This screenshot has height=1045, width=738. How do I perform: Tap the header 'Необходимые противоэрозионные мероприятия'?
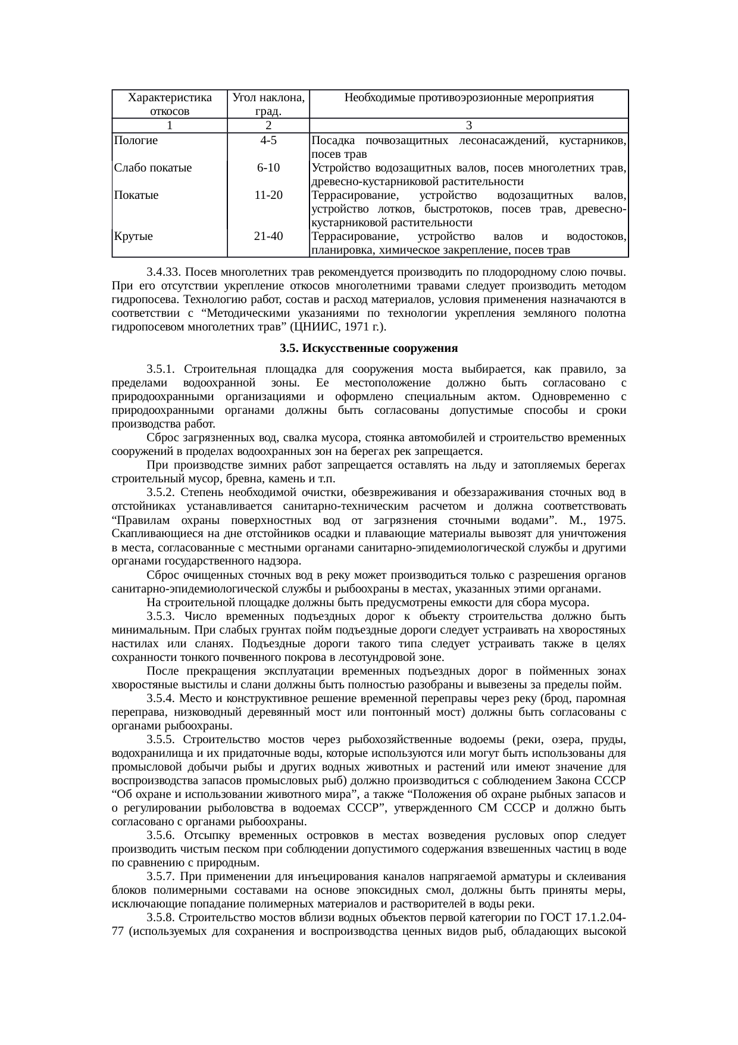(469, 98)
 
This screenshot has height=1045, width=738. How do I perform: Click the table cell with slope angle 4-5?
(268, 141)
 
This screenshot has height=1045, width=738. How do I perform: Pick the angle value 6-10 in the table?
(268, 168)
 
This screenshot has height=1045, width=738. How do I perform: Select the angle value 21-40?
(268, 236)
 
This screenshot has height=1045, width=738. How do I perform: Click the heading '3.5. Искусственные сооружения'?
(368, 348)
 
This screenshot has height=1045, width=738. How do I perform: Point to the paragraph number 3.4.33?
(164, 273)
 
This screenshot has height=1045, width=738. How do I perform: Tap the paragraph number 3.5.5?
(161, 740)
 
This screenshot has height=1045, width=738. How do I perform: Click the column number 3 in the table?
(469, 126)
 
